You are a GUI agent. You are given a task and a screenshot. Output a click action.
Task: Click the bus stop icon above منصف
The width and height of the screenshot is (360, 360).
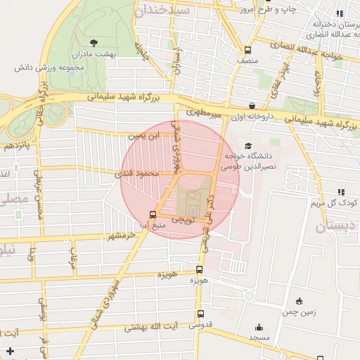(247, 50)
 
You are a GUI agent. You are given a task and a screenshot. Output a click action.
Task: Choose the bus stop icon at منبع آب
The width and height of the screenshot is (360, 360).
(153, 214)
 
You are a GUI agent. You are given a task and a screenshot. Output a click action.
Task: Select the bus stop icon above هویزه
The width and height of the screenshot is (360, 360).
(200, 269)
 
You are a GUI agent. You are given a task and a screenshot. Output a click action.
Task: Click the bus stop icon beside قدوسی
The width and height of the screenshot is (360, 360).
(201, 314)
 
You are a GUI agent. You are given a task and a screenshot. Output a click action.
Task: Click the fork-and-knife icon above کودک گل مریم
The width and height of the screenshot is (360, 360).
(341, 191)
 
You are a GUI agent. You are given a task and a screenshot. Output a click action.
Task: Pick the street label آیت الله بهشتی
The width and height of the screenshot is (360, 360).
(150, 327)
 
